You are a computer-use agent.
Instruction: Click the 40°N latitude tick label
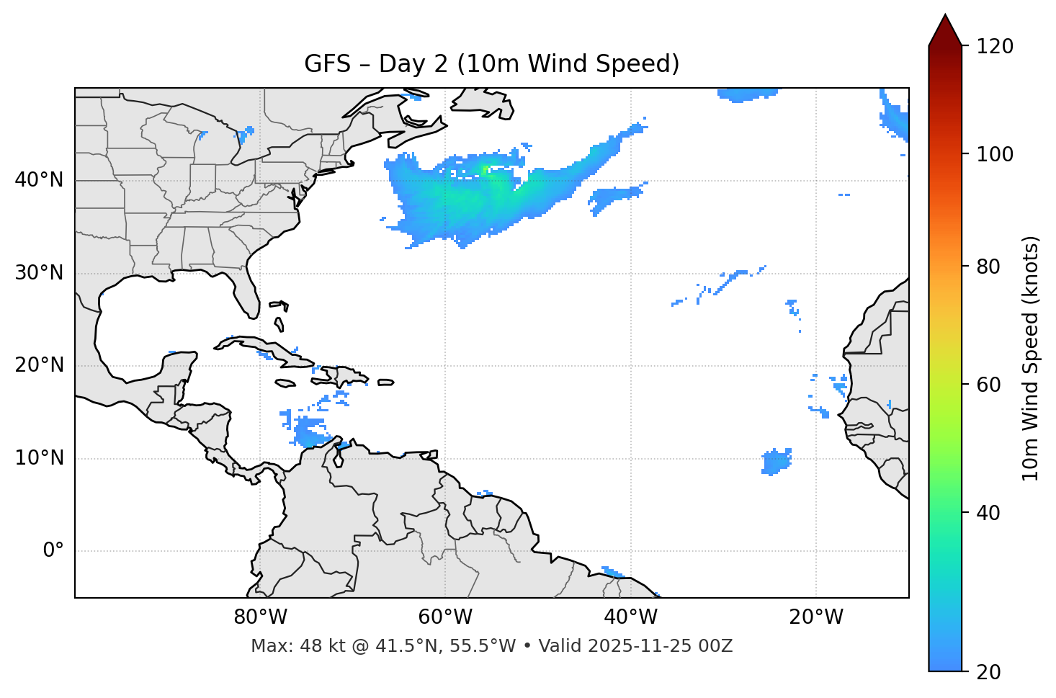pos(39,180)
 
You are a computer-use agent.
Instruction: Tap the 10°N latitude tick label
pos(39,458)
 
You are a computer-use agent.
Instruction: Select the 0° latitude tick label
pos(53,551)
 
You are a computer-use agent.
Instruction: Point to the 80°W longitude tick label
pos(260,617)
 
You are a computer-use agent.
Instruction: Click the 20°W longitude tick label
pos(816,617)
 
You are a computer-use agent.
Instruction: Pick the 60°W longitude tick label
pos(445,617)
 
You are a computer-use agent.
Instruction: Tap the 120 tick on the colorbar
pos(995,46)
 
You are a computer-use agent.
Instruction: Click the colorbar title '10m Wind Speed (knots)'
pos(1031,358)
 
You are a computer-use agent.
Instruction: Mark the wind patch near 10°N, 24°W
pos(776,461)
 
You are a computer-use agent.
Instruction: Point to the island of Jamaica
pos(285,383)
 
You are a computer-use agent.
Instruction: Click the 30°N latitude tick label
pos(39,273)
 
